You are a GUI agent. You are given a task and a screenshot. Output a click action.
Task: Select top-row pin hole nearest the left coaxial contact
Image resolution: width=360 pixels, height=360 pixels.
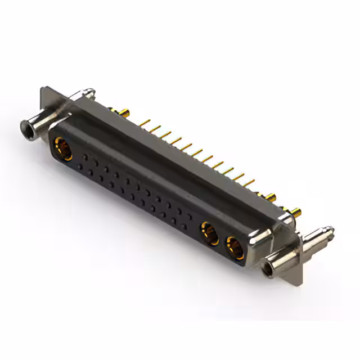[x=85, y=154]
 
